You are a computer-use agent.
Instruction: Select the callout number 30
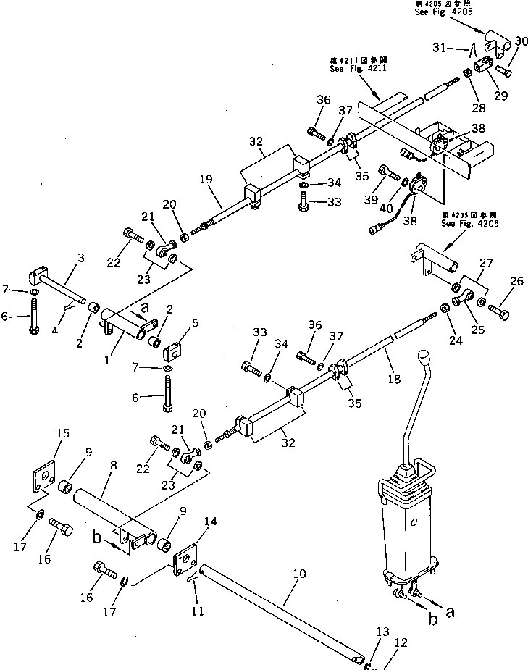(521, 41)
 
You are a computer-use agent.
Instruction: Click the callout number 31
(458, 48)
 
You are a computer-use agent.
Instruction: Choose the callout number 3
(80, 257)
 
